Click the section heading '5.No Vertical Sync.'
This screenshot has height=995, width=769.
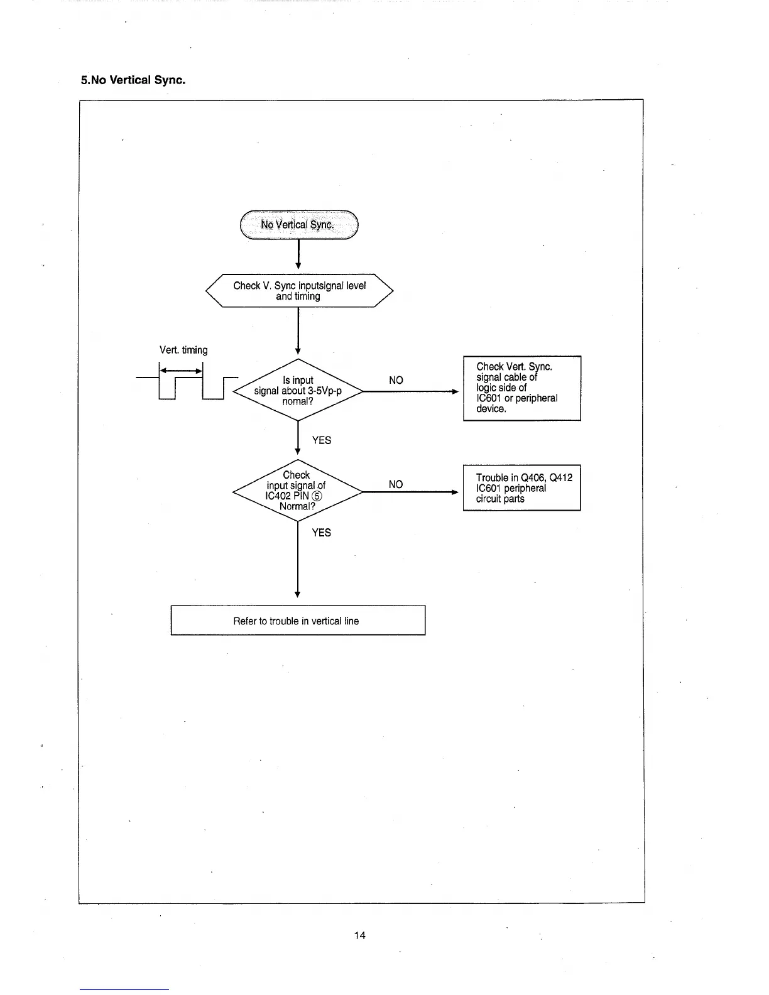(133, 80)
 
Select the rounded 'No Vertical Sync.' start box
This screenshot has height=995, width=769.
(298, 225)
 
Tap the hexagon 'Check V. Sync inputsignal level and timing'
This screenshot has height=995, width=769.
(299, 291)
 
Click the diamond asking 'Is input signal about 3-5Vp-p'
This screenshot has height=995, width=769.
(298, 391)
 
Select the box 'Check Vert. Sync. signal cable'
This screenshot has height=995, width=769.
(521, 388)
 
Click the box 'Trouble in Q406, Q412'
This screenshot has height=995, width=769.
(521, 488)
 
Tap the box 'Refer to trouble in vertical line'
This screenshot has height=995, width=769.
(298, 621)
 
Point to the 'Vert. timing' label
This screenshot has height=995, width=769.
(183, 350)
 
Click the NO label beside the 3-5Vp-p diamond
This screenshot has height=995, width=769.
(396, 380)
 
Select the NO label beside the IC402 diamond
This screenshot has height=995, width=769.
(396, 484)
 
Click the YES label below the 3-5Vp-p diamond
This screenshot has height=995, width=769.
(321, 440)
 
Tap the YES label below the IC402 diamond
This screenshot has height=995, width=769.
(321, 533)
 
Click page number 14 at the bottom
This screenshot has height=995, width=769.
(359, 935)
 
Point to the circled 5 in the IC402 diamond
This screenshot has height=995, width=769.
(317, 496)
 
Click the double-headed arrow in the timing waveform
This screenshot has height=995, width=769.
(181, 371)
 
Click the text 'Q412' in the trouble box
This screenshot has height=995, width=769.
(560, 478)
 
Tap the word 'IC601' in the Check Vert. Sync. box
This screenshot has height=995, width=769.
(489, 398)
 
